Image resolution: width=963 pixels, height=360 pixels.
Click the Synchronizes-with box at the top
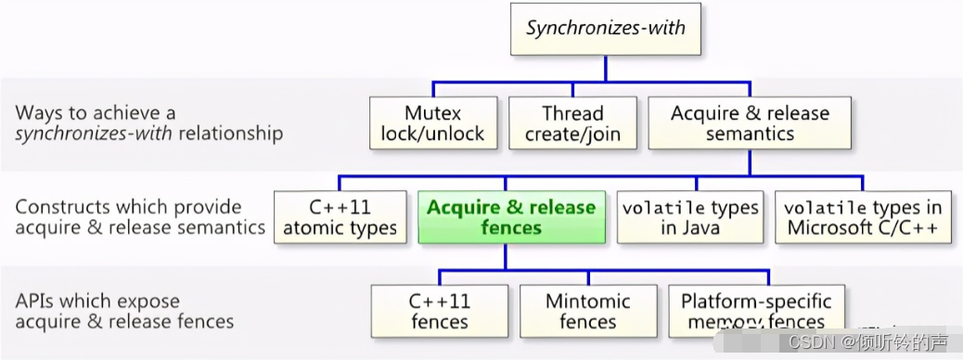605,30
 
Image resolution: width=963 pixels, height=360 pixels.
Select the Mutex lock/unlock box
432,123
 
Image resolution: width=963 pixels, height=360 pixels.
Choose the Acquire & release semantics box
750,123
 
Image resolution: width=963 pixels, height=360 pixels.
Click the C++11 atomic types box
340,218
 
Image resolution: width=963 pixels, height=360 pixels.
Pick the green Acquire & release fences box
510,218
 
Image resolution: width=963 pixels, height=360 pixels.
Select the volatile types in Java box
690,218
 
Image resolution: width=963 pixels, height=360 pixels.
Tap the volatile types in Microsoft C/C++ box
863,218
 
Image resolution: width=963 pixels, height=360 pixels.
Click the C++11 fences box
440,312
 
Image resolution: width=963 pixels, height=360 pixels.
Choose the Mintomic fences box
587,312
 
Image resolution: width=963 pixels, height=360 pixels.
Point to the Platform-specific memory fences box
756,312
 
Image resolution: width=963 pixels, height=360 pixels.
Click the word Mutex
432,113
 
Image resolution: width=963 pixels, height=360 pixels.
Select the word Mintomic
587,302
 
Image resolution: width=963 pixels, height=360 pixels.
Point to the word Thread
572,113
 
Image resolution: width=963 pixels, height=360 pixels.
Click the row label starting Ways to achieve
148,123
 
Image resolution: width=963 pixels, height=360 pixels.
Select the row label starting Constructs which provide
139,217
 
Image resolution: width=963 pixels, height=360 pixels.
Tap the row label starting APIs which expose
124,312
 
